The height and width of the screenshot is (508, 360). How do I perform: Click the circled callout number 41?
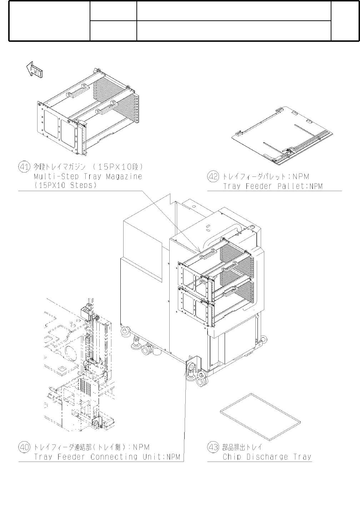pyautogui.click(x=24, y=167)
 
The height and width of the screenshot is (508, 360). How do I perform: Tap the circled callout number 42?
pyautogui.click(x=213, y=176)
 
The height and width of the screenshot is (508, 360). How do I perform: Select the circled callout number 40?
pyautogui.click(x=24, y=447)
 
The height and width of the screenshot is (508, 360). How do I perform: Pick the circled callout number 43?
pyautogui.click(x=213, y=447)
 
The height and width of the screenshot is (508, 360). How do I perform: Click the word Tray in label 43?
pyautogui.click(x=302, y=457)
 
